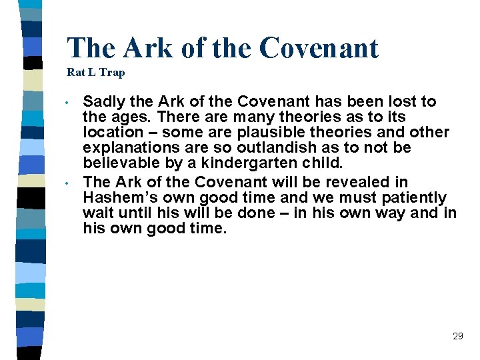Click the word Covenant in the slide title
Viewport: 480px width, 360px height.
coord(319,48)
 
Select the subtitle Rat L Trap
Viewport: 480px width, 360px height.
coord(95,73)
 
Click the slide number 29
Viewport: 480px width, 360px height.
coord(457,336)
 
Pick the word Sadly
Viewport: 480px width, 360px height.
coord(103,102)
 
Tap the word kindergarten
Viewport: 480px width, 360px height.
coord(260,163)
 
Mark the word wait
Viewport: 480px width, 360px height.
coord(98,213)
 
